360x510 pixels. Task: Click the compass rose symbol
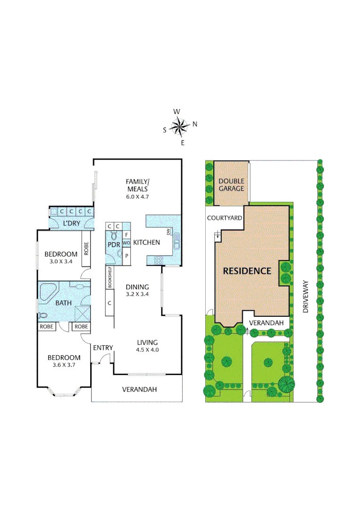pyautogui.click(x=179, y=126)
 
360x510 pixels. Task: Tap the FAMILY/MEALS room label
pyautogui.click(x=137, y=185)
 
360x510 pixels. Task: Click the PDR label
pyautogui.click(x=113, y=245)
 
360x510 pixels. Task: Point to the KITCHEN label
pyautogui.click(x=147, y=242)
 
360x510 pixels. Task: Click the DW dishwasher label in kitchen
pyautogui.click(x=167, y=231)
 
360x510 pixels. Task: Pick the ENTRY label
pyautogui.click(x=103, y=348)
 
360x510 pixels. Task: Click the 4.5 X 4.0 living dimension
pyautogui.click(x=147, y=350)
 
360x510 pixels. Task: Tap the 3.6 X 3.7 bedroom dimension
pyautogui.click(x=63, y=365)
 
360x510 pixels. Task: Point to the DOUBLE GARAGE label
pyautogui.click(x=231, y=185)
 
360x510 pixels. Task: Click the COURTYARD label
pyautogui.click(x=225, y=218)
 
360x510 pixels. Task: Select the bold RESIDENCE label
pyautogui.click(x=247, y=271)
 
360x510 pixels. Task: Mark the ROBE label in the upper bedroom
pyautogui.click(x=86, y=248)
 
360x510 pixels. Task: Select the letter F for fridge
pyautogui.click(x=126, y=235)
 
